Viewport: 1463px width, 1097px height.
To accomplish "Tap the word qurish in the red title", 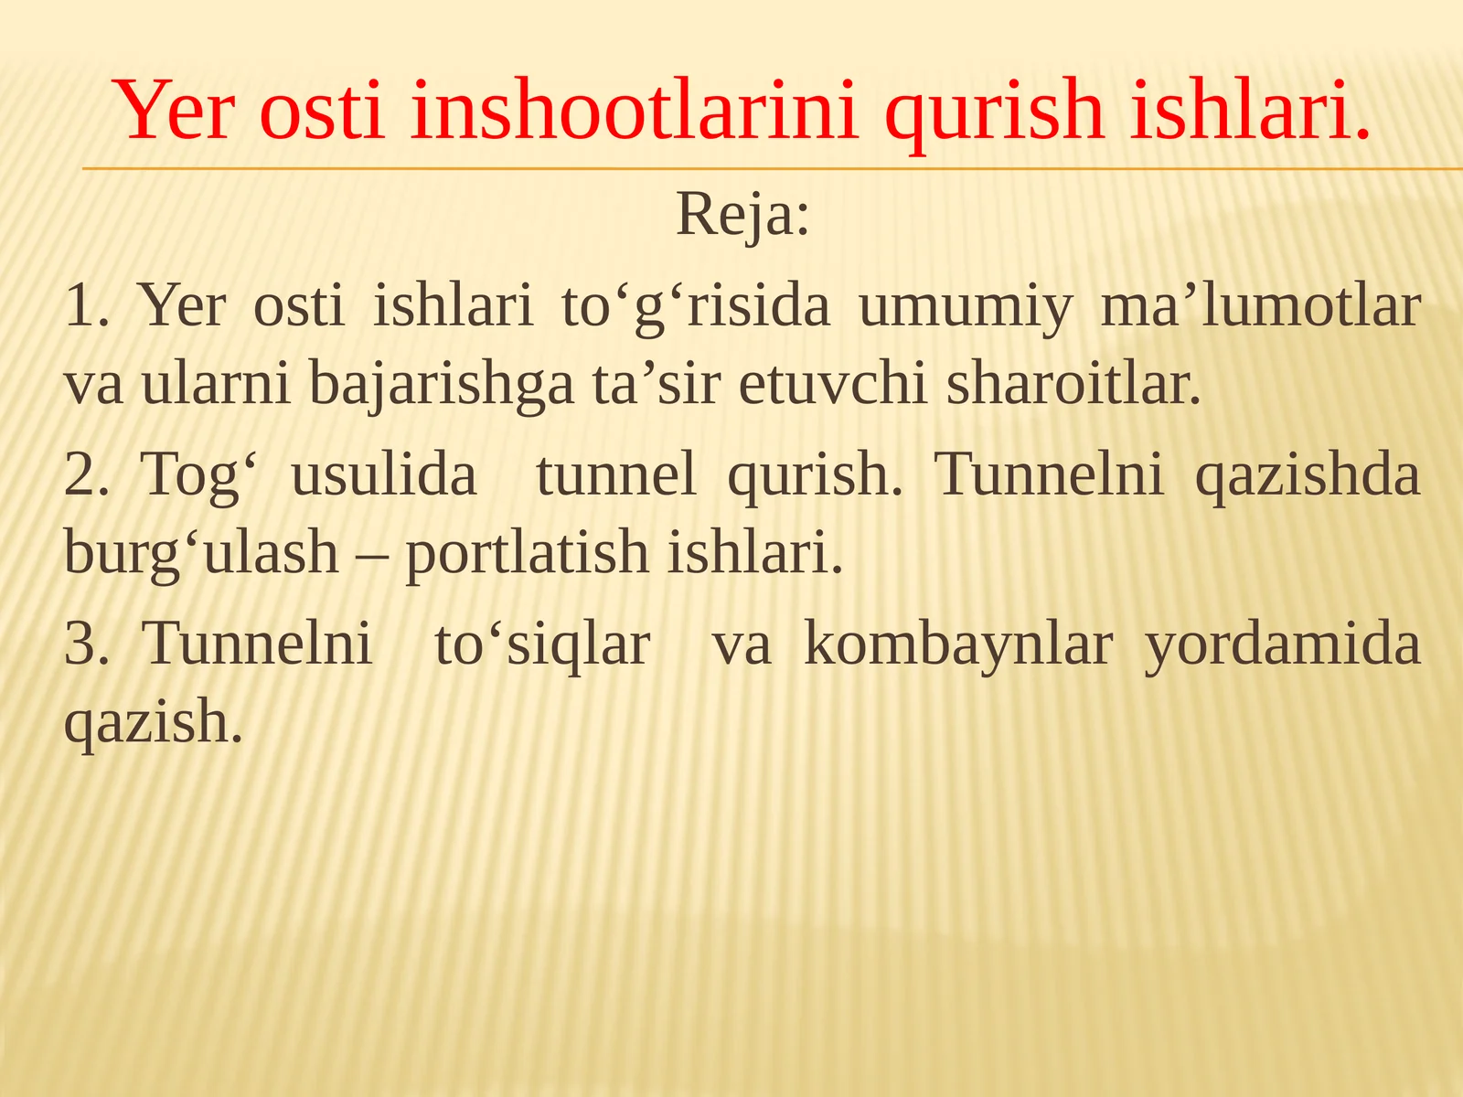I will click(x=994, y=112).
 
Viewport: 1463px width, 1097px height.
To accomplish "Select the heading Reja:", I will click(x=742, y=216).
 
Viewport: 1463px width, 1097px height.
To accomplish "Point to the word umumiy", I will click(x=966, y=306).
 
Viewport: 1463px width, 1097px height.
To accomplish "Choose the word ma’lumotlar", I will click(x=1260, y=306).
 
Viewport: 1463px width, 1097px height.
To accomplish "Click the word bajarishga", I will click(x=441, y=384).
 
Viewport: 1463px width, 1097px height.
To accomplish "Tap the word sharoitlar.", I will click(x=1073, y=384).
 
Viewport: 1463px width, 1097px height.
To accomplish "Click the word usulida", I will click(x=384, y=475).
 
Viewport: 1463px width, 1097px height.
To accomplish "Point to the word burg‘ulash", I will click(x=201, y=553).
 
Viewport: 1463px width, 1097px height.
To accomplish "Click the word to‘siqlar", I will click(x=542, y=644).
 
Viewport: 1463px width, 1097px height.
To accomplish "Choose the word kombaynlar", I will click(x=957, y=644).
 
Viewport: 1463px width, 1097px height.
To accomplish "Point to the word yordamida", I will click(x=1283, y=644).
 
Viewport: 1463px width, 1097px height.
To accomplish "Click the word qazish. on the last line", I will click(x=154, y=722).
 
